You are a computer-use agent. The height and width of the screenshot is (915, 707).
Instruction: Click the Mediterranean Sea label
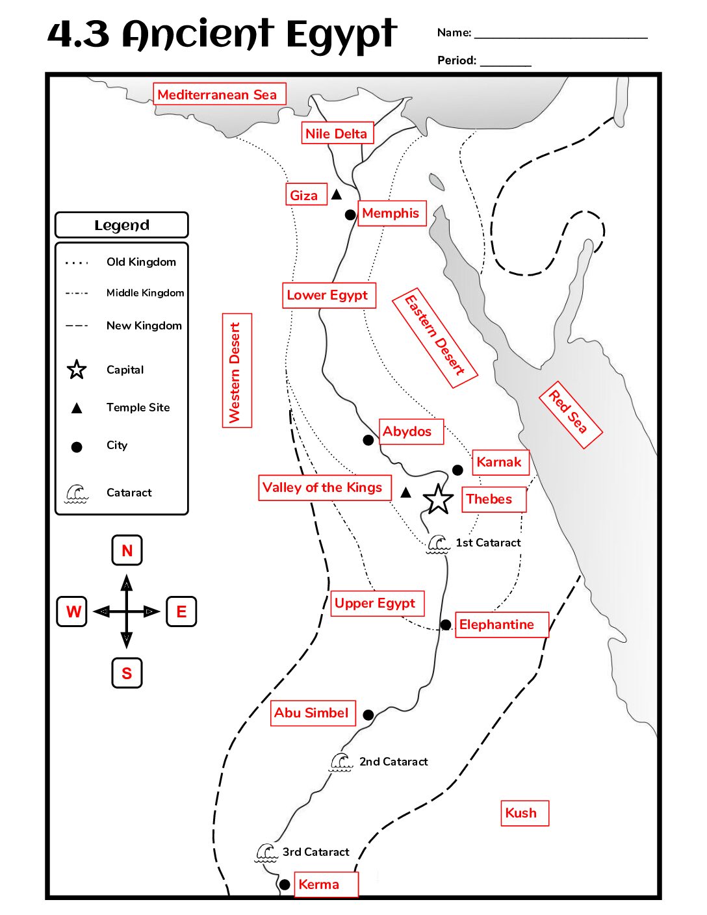(x=220, y=94)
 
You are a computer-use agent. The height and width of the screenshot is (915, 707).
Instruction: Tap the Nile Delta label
(x=337, y=133)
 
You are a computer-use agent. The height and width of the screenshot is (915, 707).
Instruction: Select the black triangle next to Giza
(x=337, y=194)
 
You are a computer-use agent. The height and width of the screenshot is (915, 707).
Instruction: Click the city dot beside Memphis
(x=350, y=214)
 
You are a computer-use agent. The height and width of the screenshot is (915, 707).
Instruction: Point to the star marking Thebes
(x=439, y=499)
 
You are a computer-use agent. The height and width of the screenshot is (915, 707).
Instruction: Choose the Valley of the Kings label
(x=325, y=487)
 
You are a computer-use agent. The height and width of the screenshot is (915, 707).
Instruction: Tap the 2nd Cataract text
(x=393, y=761)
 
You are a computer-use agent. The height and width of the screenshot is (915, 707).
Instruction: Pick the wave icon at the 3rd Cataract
(x=266, y=853)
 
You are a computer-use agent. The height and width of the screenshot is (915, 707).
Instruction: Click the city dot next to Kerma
(x=285, y=884)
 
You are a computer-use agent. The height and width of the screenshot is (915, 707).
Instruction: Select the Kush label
(x=524, y=813)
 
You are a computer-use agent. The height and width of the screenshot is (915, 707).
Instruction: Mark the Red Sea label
(x=571, y=415)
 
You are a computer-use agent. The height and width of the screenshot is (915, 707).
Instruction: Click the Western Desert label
(x=237, y=370)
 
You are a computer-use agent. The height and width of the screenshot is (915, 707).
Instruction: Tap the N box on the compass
(x=127, y=550)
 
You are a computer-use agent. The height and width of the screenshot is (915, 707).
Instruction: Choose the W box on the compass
(x=71, y=612)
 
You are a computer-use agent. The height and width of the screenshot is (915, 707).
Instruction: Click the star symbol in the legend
(x=77, y=369)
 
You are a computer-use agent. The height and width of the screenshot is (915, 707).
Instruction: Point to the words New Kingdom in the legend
(x=144, y=326)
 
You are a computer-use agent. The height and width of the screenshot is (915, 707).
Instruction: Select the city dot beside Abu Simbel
(x=368, y=715)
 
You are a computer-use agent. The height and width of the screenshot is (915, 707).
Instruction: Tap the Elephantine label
(x=502, y=625)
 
